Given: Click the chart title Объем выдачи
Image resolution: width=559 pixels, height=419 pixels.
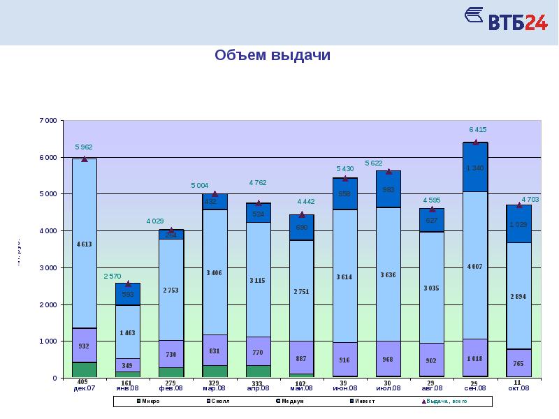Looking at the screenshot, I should point(273,55).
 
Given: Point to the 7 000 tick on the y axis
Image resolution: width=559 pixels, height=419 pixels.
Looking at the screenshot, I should point(47,121).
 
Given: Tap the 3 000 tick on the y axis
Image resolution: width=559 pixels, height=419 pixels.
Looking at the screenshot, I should point(47,268).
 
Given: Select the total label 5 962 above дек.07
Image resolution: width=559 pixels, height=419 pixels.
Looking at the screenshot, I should point(84,147).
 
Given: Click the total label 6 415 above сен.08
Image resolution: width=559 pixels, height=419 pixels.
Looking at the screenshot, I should point(478,130).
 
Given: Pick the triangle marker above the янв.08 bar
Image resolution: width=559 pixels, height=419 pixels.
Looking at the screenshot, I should point(128,284).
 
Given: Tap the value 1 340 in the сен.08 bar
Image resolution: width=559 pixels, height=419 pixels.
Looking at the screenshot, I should point(475,168).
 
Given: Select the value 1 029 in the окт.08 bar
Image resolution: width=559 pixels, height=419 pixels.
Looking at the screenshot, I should point(518,224).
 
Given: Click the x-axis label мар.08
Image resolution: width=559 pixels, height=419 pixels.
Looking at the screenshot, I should point(214,388).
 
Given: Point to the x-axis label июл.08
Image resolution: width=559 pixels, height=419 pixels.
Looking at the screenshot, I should point(389,388).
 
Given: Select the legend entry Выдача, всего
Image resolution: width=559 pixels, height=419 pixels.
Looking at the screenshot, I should point(444,402).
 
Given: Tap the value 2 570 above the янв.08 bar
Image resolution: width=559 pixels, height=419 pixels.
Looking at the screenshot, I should point(113,277).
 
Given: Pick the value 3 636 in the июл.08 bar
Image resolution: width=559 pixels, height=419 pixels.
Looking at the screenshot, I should point(389,275).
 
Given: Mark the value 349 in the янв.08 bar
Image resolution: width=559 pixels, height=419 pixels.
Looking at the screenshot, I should point(128,366).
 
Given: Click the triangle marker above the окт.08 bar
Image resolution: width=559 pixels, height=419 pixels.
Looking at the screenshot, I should point(519,205).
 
